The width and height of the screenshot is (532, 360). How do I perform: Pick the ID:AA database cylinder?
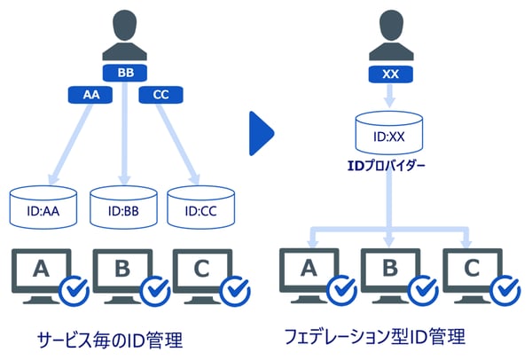click(45, 207)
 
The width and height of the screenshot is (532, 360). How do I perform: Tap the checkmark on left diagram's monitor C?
click(235, 291)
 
